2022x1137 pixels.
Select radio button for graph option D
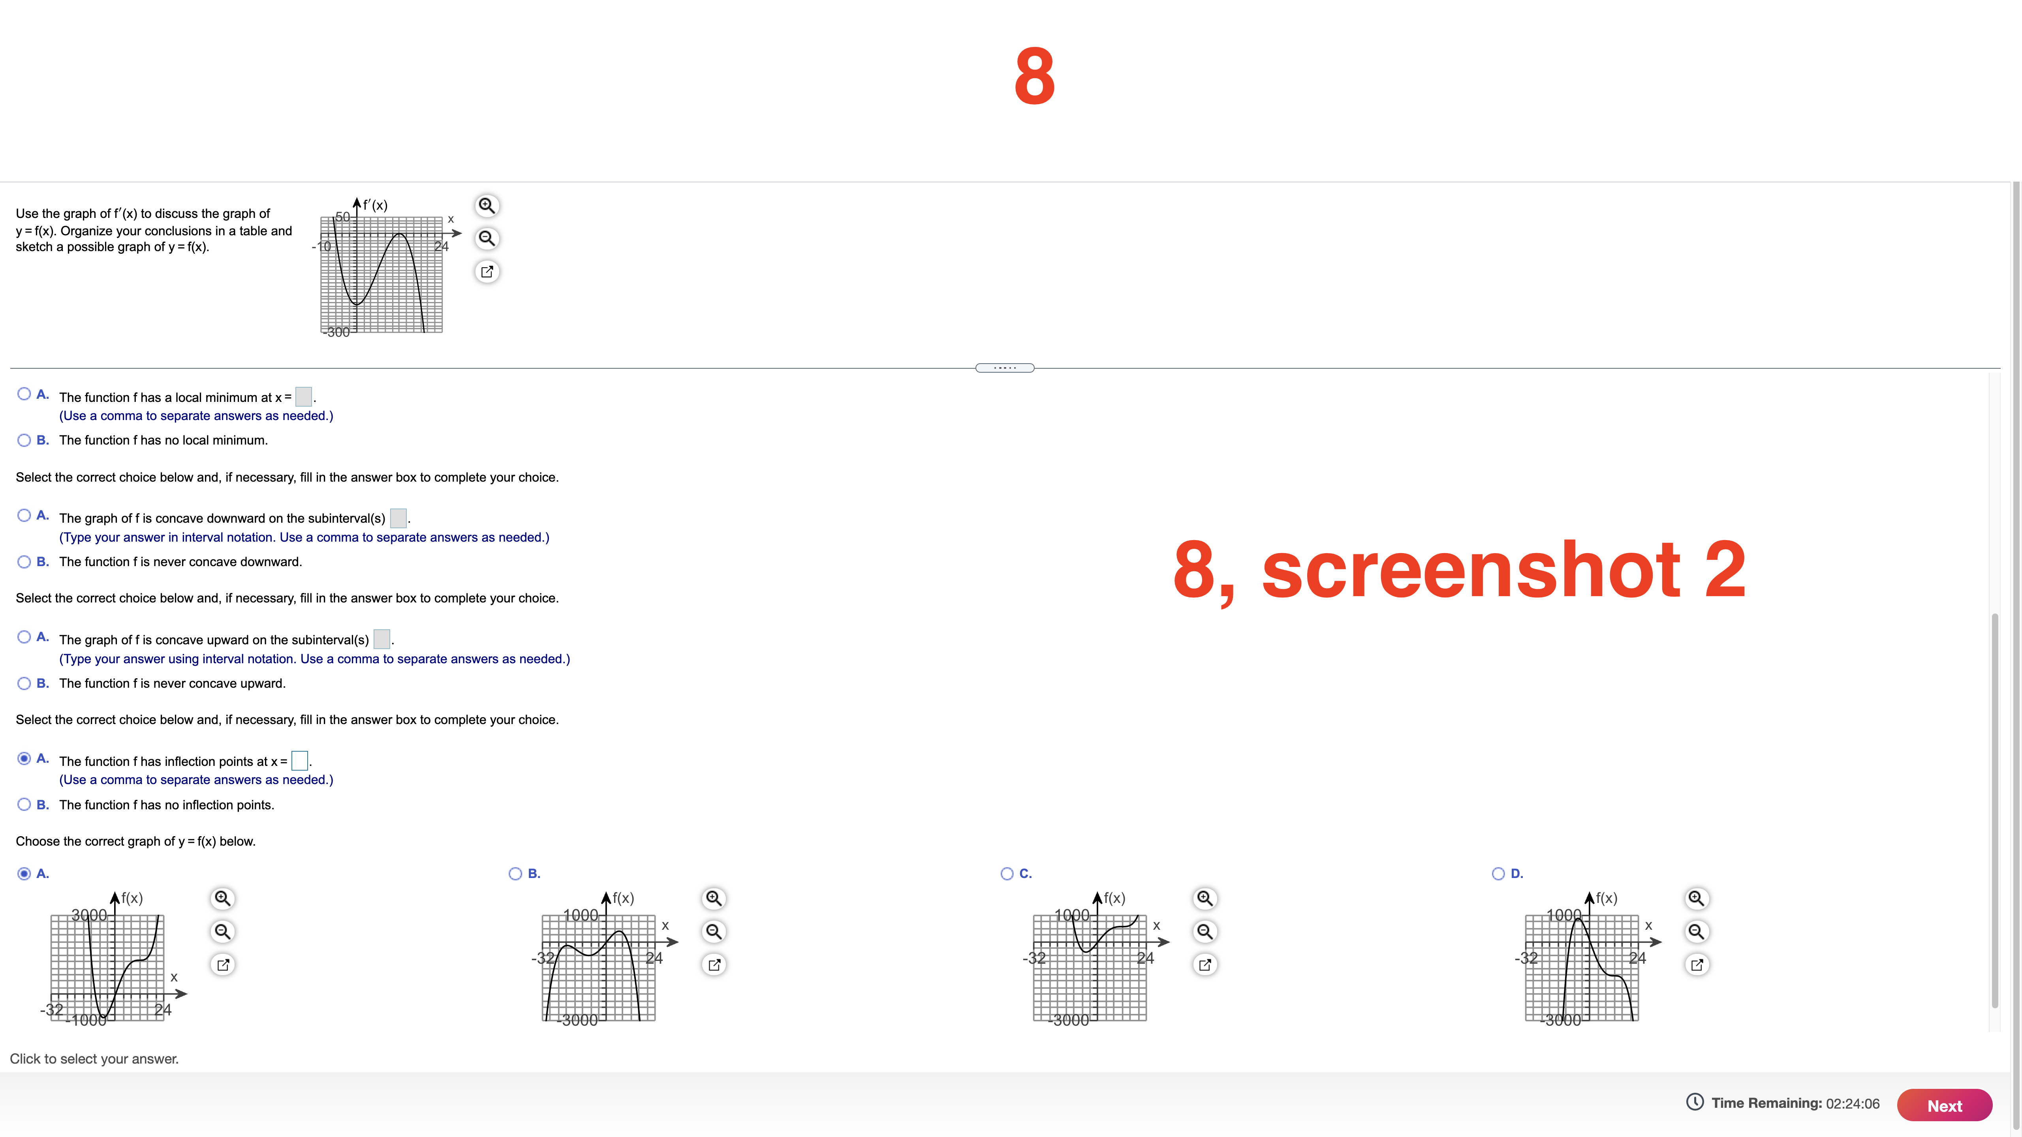[x=1498, y=873]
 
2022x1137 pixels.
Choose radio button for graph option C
[x=1006, y=873]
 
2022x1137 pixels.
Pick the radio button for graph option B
[x=515, y=873]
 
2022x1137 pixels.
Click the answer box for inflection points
[x=299, y=760]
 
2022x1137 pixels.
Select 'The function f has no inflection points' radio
[x=24, y=804]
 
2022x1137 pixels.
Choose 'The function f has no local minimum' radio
[x=24, y=440]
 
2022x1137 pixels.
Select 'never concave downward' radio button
[x=24, y=562]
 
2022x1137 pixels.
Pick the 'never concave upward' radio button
[x=24, y=683]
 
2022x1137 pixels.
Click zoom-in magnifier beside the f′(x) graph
[x=487, y=206]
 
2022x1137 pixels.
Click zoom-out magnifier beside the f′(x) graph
[x=487, y=238]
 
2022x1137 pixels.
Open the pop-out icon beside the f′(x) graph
[x=487, y=272]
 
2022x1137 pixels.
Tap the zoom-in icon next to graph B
[x=714, y=899]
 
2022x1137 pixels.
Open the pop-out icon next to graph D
[x=1696, y=964]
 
